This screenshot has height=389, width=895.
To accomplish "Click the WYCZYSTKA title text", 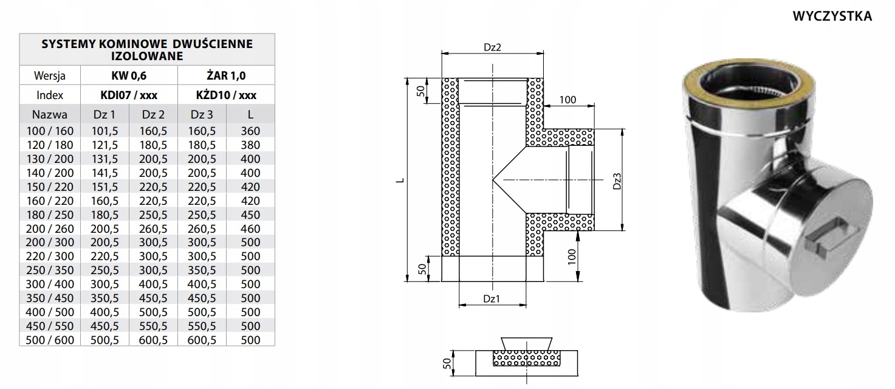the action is [832, 16].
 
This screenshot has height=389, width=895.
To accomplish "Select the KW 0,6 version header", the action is [129, 75].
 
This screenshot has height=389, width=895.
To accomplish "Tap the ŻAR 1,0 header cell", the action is [226, 75].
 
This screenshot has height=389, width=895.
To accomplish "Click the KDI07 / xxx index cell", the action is [129, 95].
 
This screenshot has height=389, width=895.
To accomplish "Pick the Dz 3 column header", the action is [202, 114].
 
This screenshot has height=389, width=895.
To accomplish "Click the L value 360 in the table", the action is [250, 131].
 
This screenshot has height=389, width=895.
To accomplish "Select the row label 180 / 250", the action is [50, 215].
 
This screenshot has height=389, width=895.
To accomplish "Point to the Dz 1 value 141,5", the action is [105, 173].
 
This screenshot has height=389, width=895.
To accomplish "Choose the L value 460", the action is [250, 229].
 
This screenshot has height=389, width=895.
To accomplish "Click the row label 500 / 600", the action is [50, 340].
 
